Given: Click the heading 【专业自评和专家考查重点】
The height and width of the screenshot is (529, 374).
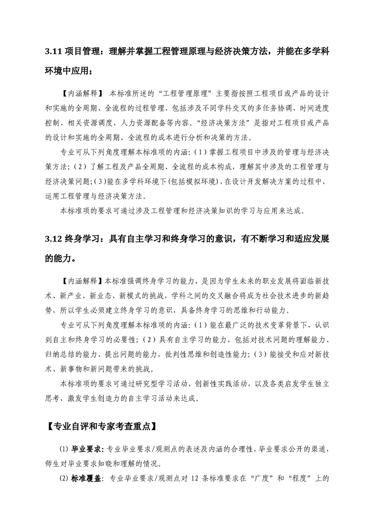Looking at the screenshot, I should tap(99, 427).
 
